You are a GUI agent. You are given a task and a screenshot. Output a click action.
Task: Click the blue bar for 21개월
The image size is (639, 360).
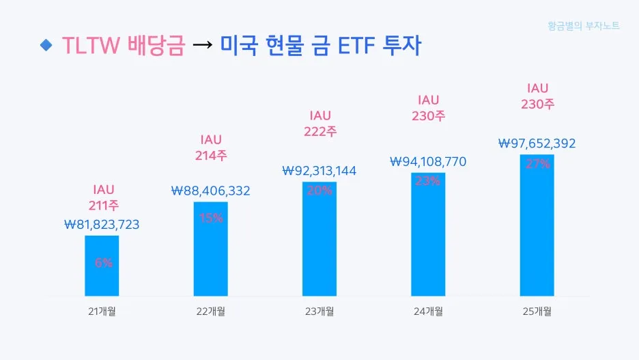tap(102, 266)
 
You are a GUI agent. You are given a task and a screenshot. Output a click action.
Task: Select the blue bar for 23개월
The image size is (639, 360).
tap(319, 239)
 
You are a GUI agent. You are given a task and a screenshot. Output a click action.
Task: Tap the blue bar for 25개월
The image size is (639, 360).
tap(537, 225)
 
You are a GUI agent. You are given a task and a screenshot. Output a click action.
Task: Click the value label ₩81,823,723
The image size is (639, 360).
tap(102, 224)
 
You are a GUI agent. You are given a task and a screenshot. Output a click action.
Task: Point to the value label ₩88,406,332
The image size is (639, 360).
tap(210, 191)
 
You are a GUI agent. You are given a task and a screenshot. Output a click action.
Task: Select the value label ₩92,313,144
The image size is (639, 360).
tap(319, 171)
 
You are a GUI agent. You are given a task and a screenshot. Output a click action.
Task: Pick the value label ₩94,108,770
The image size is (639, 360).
tap(428, 162)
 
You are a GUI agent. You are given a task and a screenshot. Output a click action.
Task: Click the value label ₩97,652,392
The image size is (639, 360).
tap(537, 143)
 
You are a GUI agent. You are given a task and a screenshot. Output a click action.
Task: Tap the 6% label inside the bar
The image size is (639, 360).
tap(103, 262)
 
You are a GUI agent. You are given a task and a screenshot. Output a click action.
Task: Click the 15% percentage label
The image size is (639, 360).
tap(211, 219)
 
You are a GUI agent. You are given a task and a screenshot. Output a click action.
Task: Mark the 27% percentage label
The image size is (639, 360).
tap(537, 164)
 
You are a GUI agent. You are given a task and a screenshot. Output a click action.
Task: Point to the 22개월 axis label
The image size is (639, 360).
tap(210, 311)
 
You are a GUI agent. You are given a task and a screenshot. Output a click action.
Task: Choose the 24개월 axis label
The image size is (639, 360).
tap(428, 311)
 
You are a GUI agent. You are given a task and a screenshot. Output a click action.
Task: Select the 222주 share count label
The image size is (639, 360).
tap(319, 132)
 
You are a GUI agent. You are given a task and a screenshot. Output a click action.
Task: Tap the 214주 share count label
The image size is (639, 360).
tap(211, 156)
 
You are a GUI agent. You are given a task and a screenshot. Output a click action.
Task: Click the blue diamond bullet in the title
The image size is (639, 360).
tap(46, 45)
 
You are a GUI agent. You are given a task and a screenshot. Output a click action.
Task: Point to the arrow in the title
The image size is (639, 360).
tap(202, 46)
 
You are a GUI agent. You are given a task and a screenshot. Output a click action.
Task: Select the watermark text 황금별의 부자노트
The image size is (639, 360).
tap(584, 26)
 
